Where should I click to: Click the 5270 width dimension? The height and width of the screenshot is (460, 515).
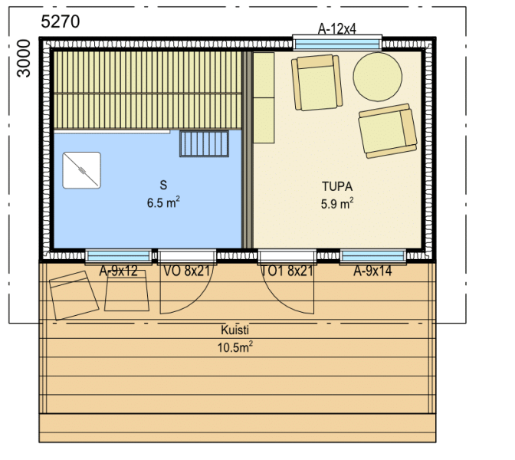[x=60, y=21]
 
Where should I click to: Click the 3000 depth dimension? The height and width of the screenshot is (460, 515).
[x=24, y=58]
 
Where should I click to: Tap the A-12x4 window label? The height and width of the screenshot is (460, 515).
[x=337, y=29]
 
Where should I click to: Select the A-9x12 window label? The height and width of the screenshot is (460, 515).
[x=118, y=271]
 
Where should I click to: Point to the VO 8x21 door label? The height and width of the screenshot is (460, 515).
[x=186, y=271]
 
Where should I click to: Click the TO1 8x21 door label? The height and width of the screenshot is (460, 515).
[x=287, y=271]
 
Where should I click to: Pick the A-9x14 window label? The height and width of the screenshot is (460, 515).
[x=372, y=271]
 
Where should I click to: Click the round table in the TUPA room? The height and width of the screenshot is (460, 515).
[x=378, y=77]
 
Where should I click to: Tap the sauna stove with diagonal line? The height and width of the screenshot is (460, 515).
[x=82, y=170]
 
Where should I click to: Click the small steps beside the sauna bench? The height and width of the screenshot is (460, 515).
[x=204, y=143]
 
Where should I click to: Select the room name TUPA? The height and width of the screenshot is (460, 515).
[x=337, y=186]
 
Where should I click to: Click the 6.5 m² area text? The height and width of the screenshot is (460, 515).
[x=163, y=202]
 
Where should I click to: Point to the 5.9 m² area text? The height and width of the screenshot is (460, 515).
[x=337, y=203]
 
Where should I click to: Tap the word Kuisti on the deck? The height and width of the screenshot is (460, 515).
[x=235, y=330]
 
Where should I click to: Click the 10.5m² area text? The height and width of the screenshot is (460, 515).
[x=235, y=347]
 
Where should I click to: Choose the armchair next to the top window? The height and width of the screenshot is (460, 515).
[x=317, y=83]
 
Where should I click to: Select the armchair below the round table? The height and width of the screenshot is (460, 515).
[x=388, y=131]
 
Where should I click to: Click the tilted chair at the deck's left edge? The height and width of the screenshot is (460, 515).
[x=74, y=295]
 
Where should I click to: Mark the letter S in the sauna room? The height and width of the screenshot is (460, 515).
[x=163, y=185]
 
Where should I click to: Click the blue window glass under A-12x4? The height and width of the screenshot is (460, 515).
[x=337, y=44]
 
